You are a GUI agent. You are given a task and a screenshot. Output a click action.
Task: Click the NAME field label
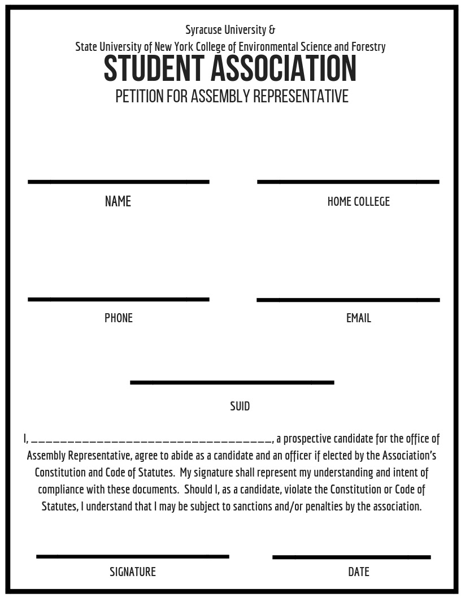pyautogui.click(x=118, y=202)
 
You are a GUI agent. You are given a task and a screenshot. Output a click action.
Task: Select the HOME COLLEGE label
pyautogui.click(x=358, y=202)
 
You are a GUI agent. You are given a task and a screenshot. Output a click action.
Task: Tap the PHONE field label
pyautogui.click(x=119, y=318)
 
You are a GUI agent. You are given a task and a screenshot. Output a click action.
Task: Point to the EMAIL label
pyautogui.click(x=359, y=318)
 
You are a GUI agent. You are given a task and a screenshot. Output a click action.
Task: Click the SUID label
pyautogui.click(x=240, y=406)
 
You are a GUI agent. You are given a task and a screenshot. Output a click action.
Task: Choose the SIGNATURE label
pyautogui.click(x=133, y=572)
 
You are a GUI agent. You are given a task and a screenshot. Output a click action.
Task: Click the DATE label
pyautogui.click(x=359, y=572)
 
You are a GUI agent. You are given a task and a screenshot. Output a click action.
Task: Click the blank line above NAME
pyautogui.click(x=119, y=181)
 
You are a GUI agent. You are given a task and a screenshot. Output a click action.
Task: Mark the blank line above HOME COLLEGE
pyautogui.click(x=348, y=181)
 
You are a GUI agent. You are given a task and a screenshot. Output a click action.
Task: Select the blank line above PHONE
pyautogui.click(x=119, y=299)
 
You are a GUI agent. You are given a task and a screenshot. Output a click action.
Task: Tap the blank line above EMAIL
pyautogui.click(x=348, y=300)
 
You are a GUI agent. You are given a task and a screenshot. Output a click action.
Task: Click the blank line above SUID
pyautogui.click(x=232, y=382)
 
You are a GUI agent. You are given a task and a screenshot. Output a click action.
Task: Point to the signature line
pyautogui.click(x=133, y=556)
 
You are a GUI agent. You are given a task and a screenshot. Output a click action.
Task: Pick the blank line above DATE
pyautogui.click(x=351, y=557)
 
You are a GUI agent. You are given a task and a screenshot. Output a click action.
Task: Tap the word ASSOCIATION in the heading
pyautogui.click(x=284, y=69)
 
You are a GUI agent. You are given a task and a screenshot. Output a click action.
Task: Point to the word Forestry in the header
pyautogui.click(x=368, y=47)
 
